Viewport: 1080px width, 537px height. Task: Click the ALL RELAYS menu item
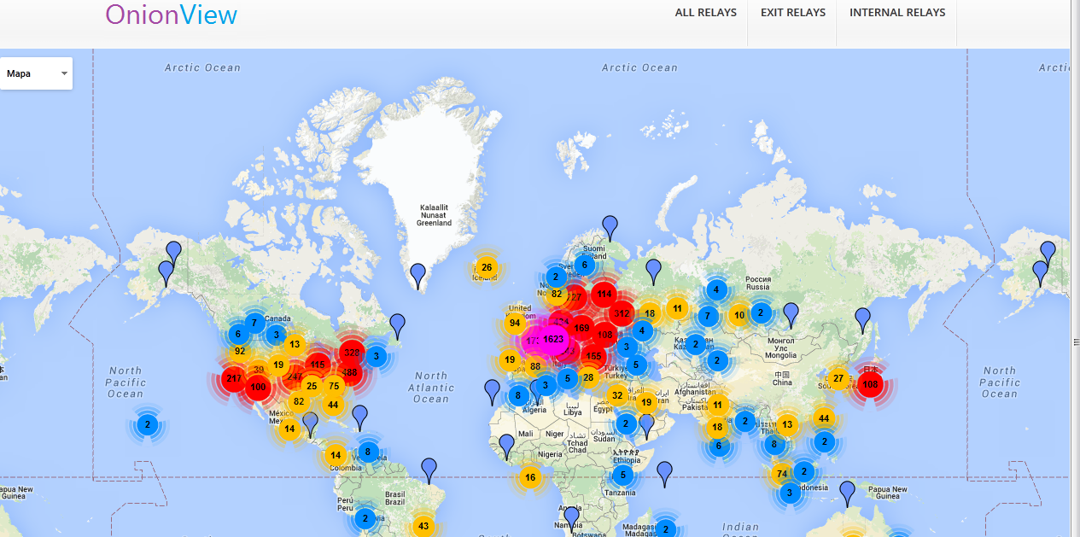(705, 13)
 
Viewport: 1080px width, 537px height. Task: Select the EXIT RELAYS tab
(793, 13)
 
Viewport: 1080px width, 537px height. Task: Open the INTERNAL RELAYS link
(897, 13)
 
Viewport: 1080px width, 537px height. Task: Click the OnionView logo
(171, 15)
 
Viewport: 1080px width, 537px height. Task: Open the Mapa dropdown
(37, 73)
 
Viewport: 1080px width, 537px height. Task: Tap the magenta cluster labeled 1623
(553, 340)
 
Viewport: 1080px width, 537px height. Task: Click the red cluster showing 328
(351, 353)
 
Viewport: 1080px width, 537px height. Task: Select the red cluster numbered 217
(232, 379)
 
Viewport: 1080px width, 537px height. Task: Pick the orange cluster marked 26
(487, 267)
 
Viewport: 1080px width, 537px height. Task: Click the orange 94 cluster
(515, 323)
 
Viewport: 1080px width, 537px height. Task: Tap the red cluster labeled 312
(622, 313)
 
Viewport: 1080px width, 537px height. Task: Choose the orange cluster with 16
(530, 477)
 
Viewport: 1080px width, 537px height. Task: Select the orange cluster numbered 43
(423, 526)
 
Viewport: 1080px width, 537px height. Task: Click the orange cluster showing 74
(780, 474)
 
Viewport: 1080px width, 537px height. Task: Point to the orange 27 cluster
(838, 378)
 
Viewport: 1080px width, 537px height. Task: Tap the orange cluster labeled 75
(334, 386)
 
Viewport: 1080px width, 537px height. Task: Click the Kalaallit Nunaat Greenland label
(434, 215)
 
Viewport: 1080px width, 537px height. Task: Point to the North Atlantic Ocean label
(431, 387)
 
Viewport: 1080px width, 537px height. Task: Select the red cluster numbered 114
(604, 294)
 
